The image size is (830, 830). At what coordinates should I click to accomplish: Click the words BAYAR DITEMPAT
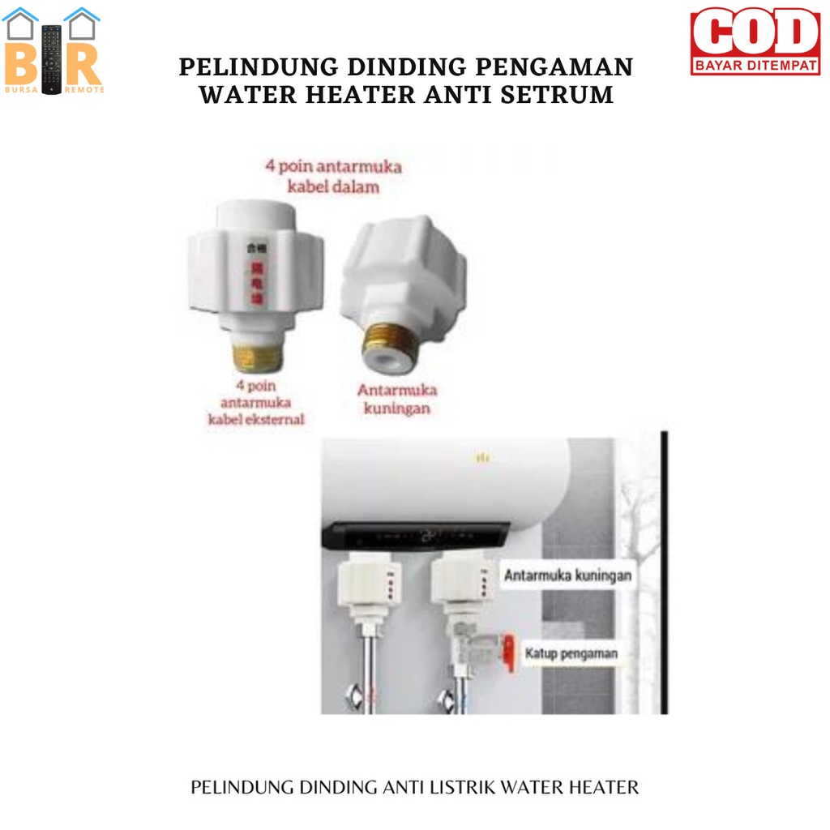(x=755, y=67)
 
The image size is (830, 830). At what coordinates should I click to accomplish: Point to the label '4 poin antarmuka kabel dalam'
(x=333, y=176)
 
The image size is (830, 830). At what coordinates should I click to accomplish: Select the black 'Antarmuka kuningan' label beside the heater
(x=567, y=576)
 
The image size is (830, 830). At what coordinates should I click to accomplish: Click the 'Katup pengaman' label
(x=571, y=652)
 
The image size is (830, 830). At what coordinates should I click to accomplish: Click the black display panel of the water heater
(x=417, y=535)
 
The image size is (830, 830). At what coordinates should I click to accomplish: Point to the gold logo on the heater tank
(x=484, y=458)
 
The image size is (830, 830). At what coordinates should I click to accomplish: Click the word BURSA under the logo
(x=19, y=89)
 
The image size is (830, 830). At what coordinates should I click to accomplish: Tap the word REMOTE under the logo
(x=84, y=89)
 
